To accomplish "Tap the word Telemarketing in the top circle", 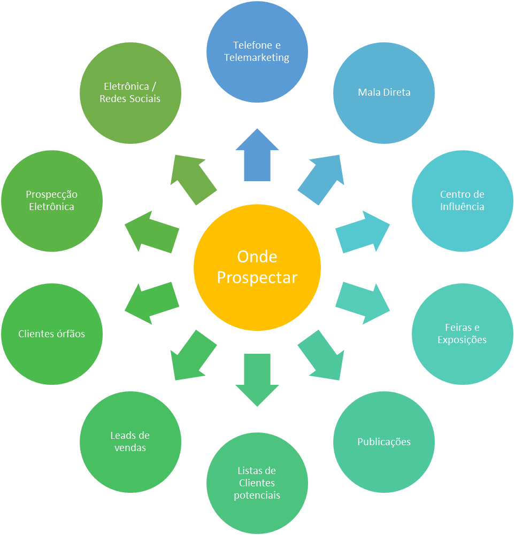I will [257, 58].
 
